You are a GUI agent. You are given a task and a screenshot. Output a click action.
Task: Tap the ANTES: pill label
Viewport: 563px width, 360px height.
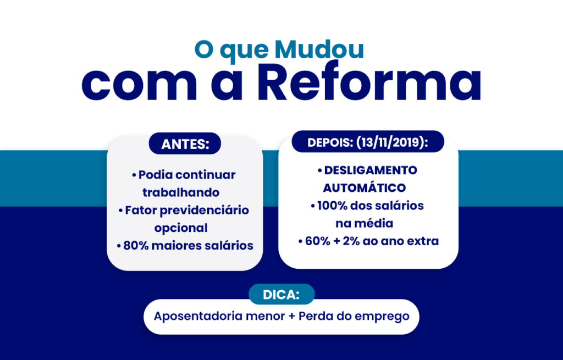(185, 144)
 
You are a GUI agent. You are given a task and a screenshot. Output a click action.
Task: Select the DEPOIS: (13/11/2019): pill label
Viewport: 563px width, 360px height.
(368, 142)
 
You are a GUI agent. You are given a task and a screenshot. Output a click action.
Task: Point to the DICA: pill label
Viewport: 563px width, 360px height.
(281, 295)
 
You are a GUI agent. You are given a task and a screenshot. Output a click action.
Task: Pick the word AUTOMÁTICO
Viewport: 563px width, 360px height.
(365, 188)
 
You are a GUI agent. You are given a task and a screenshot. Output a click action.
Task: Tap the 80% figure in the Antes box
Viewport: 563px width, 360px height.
(136, 245)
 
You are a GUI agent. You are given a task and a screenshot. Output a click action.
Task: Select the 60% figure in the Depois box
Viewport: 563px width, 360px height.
(317, 241)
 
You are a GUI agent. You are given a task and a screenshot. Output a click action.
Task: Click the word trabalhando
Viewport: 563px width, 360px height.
(181, 192)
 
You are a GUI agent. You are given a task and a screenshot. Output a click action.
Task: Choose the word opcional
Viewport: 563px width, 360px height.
(181, 228)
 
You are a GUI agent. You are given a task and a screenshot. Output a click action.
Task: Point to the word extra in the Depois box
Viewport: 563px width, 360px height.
(423, 241)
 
